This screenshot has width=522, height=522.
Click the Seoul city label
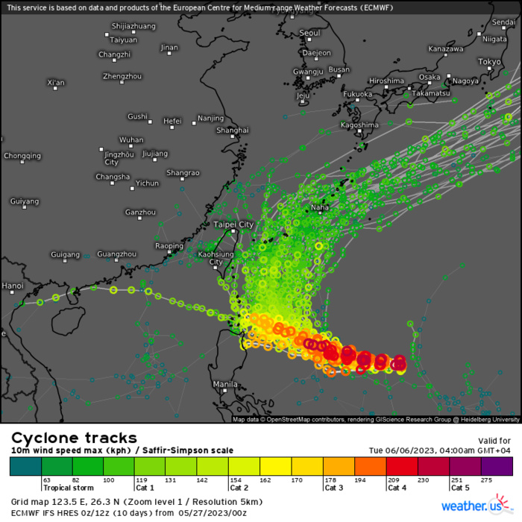[309, 33]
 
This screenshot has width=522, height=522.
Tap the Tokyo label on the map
[489, 62]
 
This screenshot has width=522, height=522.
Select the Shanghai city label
[232, 130]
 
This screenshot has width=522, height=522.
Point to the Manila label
[225, 384]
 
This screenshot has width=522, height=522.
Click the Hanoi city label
[12, 286]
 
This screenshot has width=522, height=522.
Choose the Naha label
[319, 208]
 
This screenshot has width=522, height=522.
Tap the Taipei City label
[233, 224]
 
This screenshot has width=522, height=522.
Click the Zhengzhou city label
[122, 76]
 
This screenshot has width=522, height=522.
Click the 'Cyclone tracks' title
[74, 438]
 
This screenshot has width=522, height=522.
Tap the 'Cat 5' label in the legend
[460, 488]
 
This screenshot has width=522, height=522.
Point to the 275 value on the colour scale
[488, 479]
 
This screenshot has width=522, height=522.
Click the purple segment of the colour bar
[497, 466]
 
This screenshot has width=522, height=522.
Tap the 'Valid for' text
[494, 441]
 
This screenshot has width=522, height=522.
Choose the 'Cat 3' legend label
[334, 488]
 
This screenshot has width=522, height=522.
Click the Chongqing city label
[22, 156]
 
